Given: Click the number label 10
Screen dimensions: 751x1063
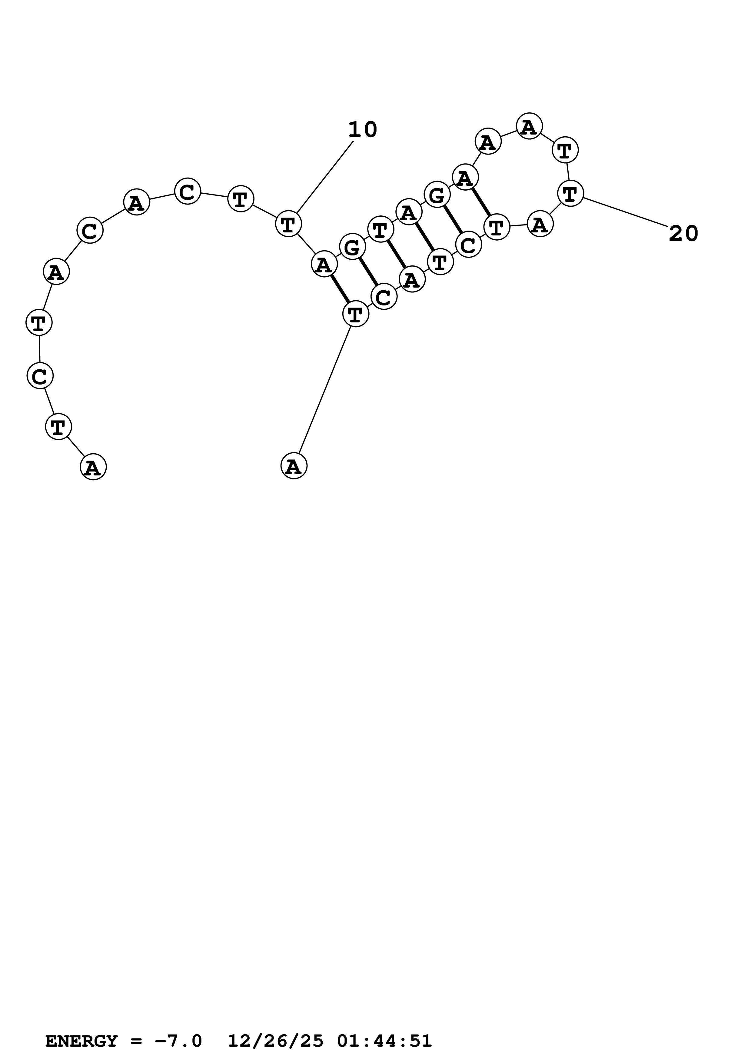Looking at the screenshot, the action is [362, 130].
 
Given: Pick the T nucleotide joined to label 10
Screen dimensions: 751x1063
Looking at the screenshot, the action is [288, 224].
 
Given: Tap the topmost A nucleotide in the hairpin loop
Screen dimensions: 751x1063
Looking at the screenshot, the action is [529, 126].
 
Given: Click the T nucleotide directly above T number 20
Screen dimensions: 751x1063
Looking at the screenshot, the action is [565, 150].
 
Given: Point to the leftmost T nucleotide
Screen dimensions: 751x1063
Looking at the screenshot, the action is [39, 322].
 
